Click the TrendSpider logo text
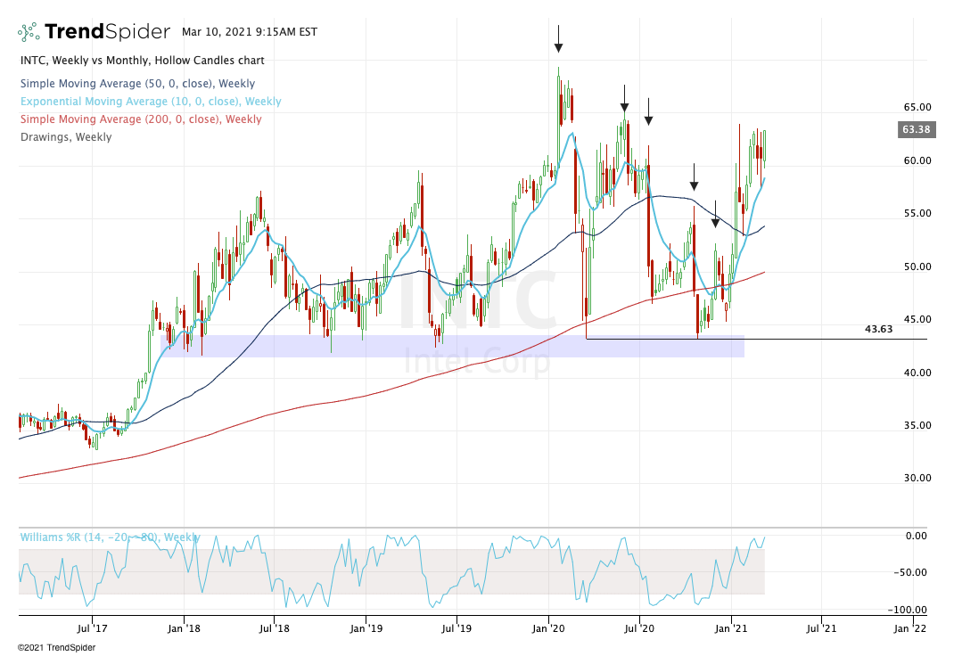pos(106,32)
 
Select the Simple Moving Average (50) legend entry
pos(136,84)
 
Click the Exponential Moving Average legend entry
pos(150,102)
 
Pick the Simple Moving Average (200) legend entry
pos(140,119)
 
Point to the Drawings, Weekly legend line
pos(65,137)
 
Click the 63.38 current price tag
pos(917,129)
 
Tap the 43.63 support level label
pos(879,329)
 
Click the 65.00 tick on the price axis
pos(917,107)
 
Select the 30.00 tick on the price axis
pos(917,478)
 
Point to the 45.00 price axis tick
pos(917,319)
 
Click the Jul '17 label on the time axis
pos(92,627)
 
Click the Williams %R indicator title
pos(109,537)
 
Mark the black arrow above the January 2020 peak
pos(558,39)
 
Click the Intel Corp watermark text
pos(477,361)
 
